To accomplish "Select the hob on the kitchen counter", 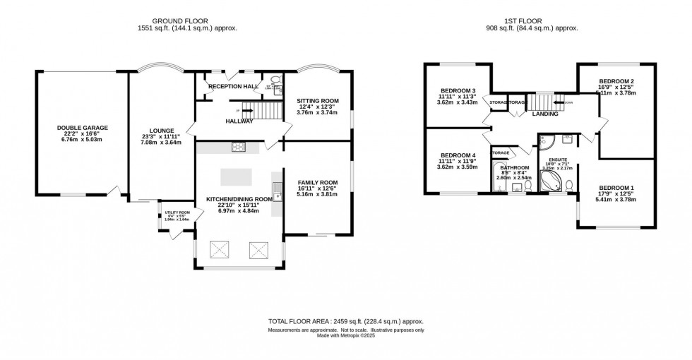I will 237,148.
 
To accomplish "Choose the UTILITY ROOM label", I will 177,212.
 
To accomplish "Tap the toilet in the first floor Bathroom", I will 527,186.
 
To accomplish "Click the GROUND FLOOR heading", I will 187,20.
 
